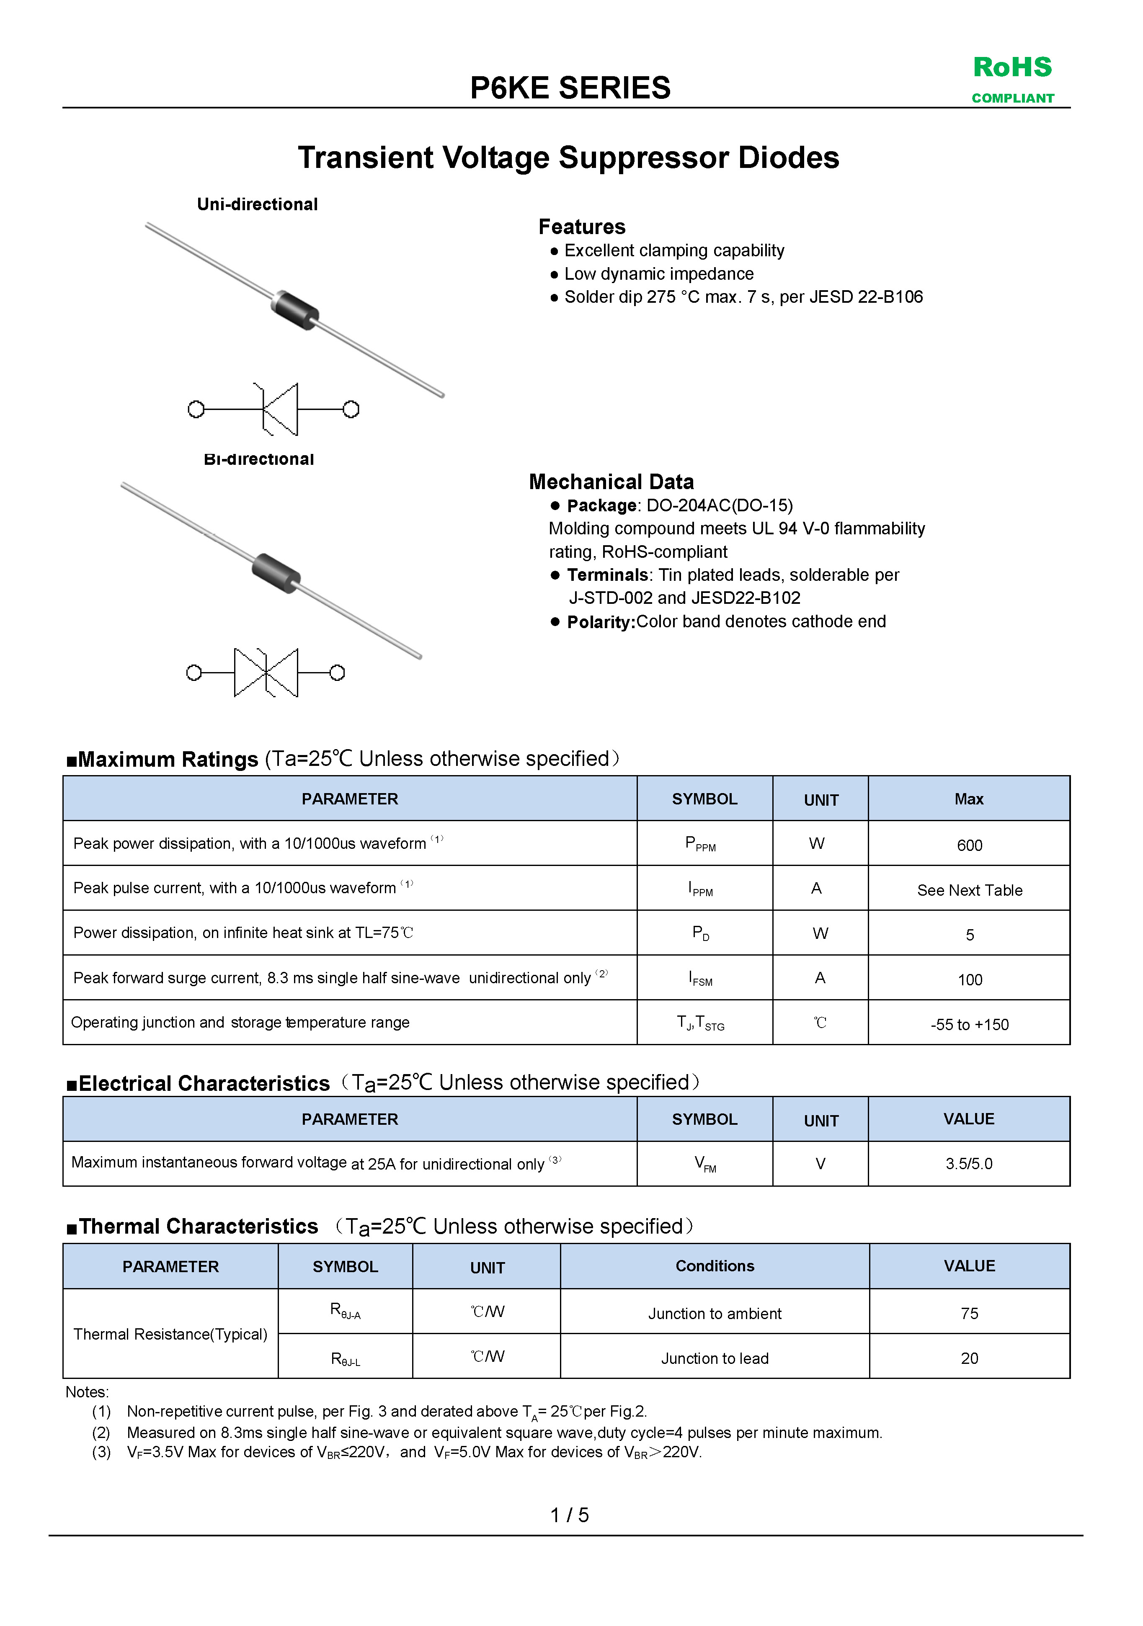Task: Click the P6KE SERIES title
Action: [x=570, y=88]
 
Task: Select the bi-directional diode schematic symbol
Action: [x=266, y=672]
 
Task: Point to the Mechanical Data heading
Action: [x=611, y=482]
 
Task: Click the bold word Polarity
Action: [x=601, y=622]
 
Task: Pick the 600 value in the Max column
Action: [x=969, y=845]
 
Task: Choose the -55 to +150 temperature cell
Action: [x=969, y=1024]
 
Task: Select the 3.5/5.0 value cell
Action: [x=969, y=1164]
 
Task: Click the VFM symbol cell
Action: [x=704, y=1164]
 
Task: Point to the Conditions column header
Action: [x=715, y=1265]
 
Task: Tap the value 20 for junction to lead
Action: [x=969, y=1358]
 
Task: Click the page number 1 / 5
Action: [x=569, y=1515]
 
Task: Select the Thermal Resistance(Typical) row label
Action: [x=170, y=1334]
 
